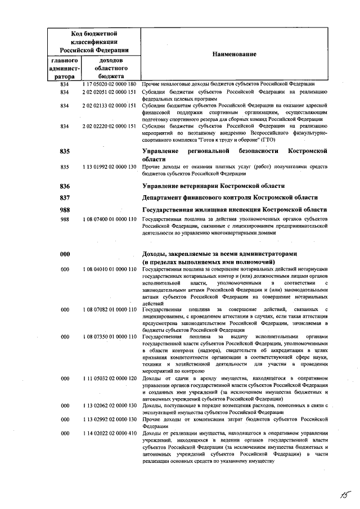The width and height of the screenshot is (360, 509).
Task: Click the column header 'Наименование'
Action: pyautogui.click(x=234, y=54)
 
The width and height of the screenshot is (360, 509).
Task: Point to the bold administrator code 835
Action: pyautogui.click(x=65, y=152)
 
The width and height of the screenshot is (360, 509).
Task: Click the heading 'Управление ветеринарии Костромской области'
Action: pyautogui.click(x=213, y=186)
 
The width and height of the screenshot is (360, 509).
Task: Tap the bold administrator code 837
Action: pyautogui.click(x=65, y=197)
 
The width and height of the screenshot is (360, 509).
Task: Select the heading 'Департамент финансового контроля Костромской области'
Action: pyautogui.click(x=230, y=197)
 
